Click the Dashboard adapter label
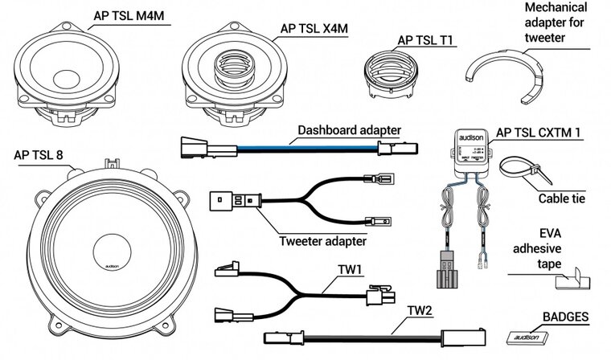tap(350, 129)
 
